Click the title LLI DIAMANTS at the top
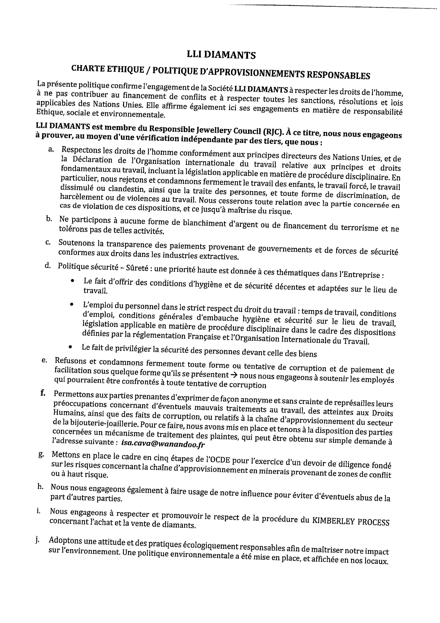click(221, 55)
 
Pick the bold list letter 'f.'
click(43, 393)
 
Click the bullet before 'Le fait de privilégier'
click(70, 347)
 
